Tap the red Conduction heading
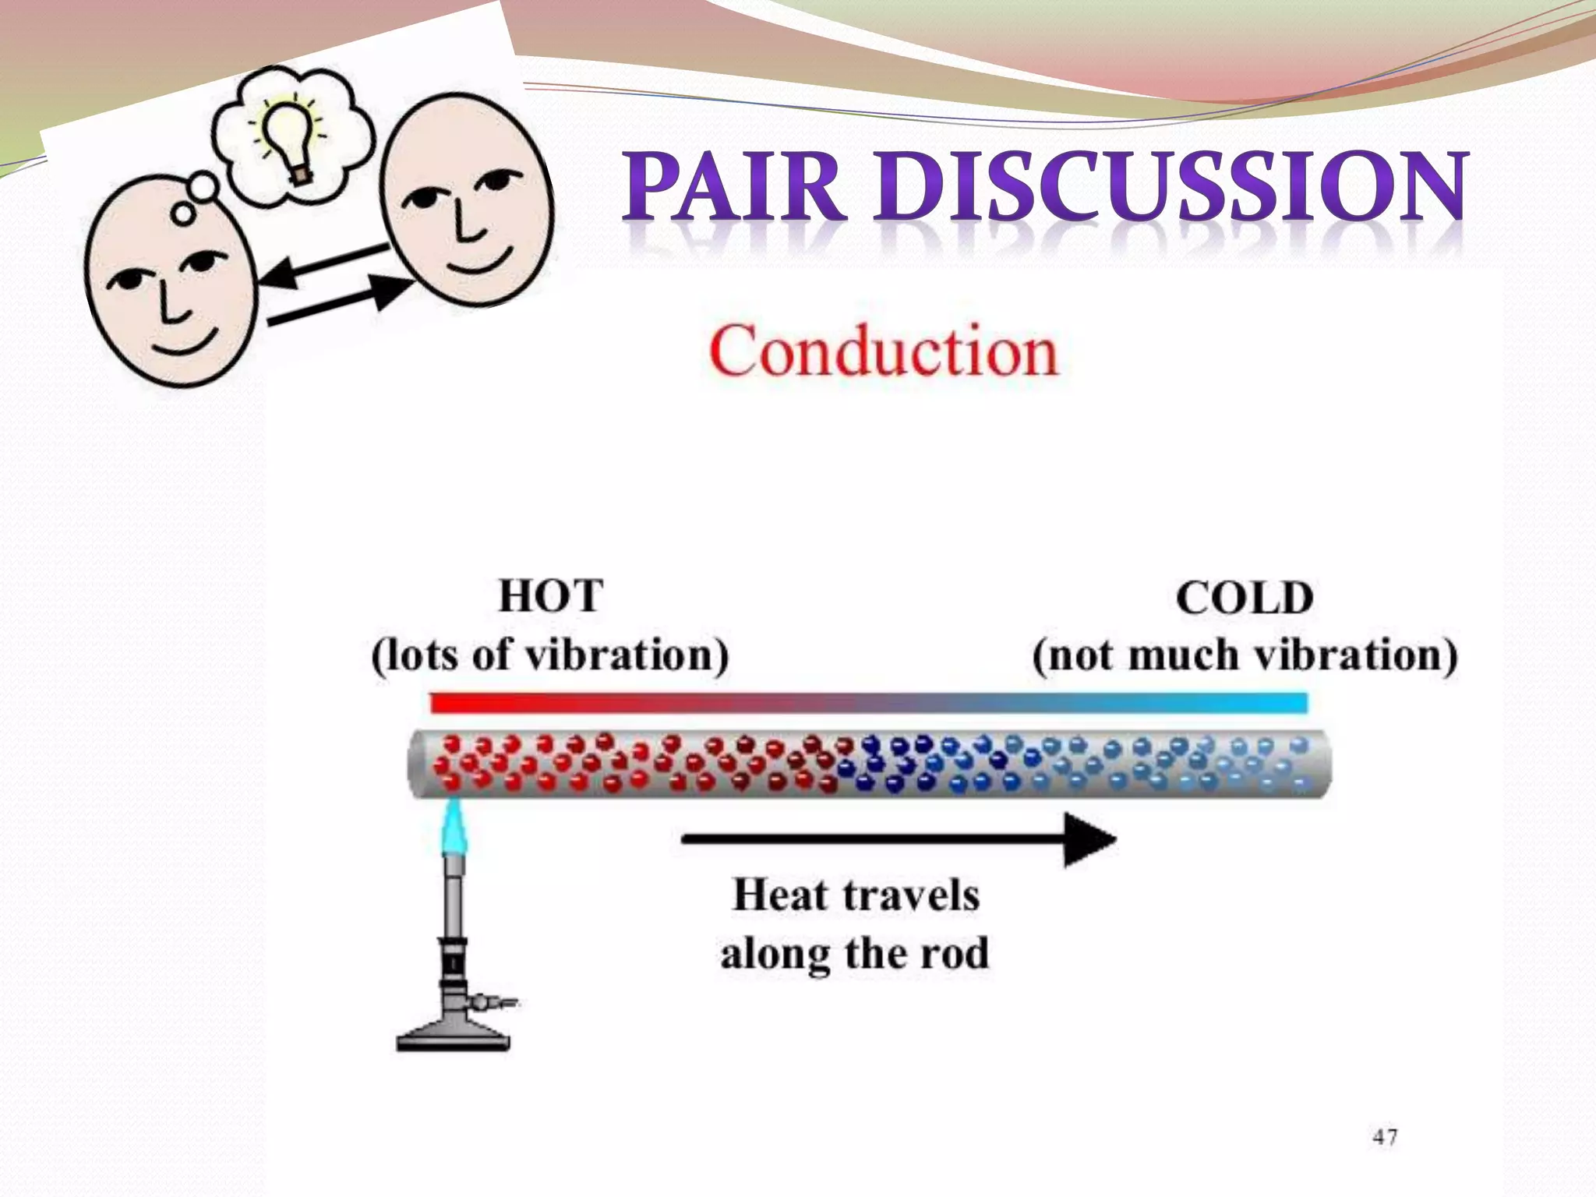(x=883, y=352)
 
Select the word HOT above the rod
(x=550, y=597)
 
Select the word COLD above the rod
(x=1245, y=598)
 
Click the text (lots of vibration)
(x=550, y=655)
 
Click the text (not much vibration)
(x=1245, y=655)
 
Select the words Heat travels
(x=856, y=895)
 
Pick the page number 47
(x=1385, y=1138)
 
